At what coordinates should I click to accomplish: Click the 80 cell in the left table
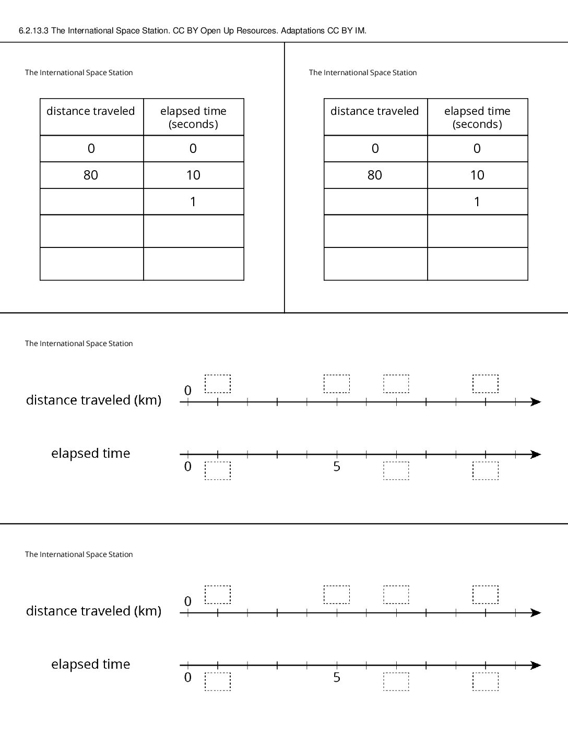91,175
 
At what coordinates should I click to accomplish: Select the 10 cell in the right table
477,175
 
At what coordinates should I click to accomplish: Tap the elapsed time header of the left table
194,117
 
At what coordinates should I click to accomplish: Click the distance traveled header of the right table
375,111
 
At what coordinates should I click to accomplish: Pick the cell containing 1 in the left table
194,201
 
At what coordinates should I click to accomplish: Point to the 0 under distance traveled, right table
375,148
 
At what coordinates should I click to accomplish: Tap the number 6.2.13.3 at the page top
33,31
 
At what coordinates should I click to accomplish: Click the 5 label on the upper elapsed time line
337,467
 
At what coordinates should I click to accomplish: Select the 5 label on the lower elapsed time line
337,677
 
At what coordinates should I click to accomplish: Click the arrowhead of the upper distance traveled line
536,402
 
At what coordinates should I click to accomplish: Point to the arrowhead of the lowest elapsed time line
536,666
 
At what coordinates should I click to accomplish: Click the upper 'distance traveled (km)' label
93,400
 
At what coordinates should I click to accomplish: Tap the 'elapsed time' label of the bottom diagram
91,664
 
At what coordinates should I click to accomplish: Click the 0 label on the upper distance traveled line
188,390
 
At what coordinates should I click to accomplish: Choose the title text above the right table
363,73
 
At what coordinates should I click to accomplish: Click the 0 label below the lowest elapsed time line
188,677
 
